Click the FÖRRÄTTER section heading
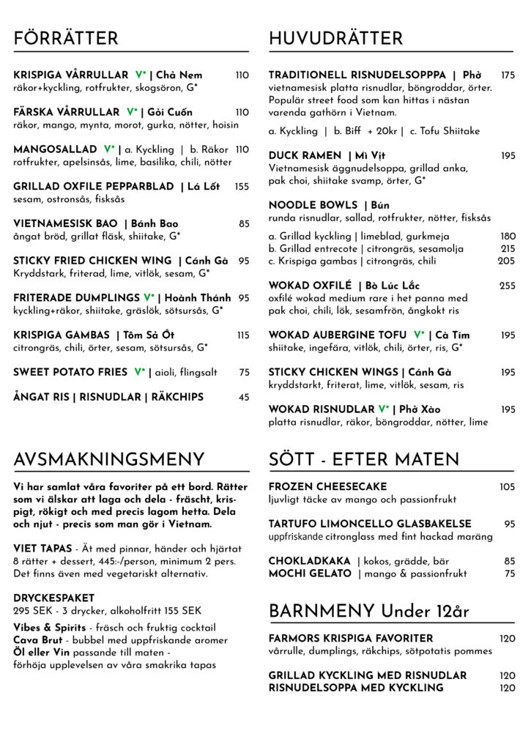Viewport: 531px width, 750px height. tap(65, 39)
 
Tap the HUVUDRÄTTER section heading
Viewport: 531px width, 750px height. tap(335, 39)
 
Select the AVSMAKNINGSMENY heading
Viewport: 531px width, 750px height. tap(109, 460)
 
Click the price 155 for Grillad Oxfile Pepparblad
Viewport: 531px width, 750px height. tap(242, 187)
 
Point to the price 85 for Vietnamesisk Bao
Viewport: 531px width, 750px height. tap(244, 223)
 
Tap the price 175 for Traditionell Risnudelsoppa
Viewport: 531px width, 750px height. tap(508, 75)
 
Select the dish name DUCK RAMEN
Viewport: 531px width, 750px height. tap(305, 155)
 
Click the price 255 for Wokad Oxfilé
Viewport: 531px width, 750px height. tap(508, 286)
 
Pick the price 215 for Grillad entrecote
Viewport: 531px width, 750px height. tap(508, 249)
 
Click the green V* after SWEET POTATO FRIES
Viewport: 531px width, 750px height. tap(139, 372)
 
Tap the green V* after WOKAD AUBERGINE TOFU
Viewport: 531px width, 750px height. tap(419, 335)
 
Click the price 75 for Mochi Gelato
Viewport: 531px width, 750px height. tap(510, 573)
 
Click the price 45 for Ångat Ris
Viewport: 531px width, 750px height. tap(244, 397)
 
